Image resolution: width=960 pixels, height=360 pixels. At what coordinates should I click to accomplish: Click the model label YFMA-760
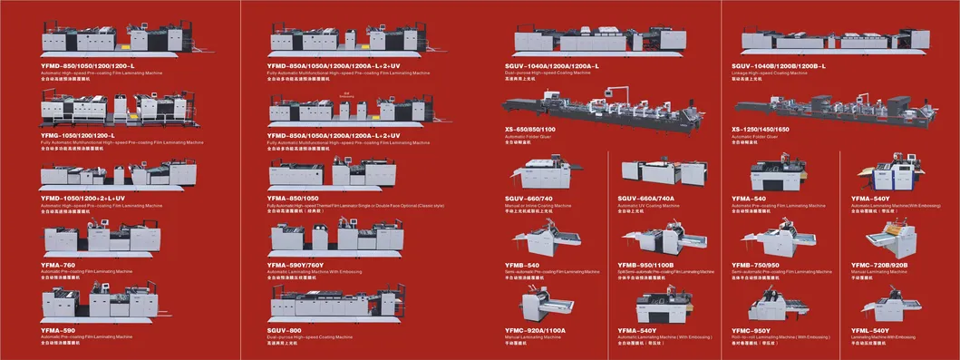pyautogui.click(x=58, y=264)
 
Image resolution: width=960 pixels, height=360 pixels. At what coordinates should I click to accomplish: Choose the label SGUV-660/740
pyautogui.click(x=528, y=198)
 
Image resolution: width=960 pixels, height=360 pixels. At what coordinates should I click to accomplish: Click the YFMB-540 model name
pyautogui.click(x=522, y=264)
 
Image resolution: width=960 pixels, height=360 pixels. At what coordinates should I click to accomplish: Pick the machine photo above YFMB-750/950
pyautogui.click(x=769, y=238)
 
